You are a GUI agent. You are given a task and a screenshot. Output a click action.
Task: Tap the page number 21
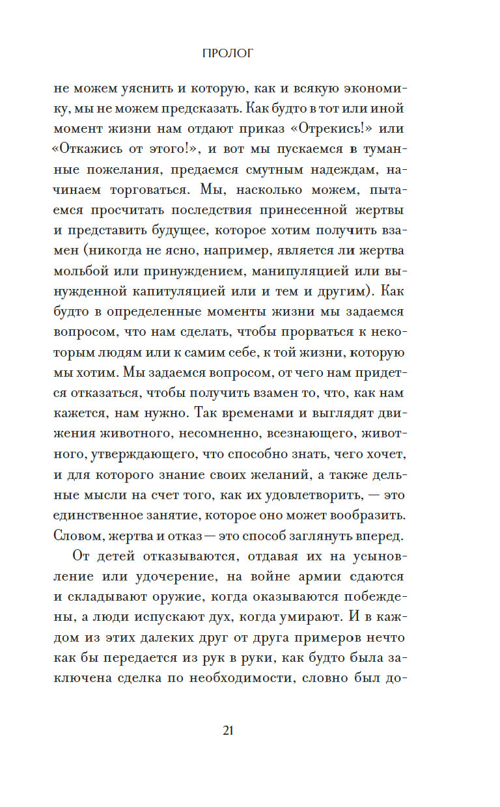(x=228, y=730)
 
